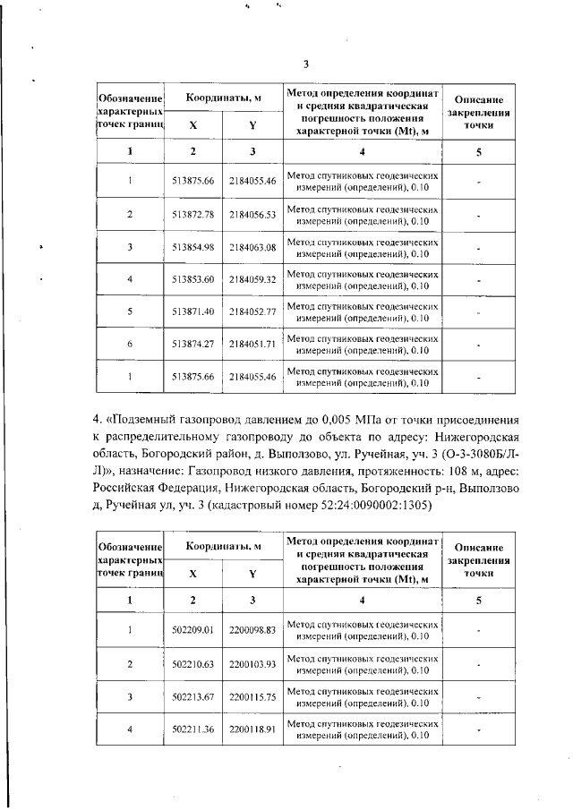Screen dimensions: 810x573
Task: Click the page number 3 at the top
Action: tap(305, 64)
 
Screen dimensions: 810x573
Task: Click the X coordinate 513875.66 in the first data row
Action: tap(193, 182)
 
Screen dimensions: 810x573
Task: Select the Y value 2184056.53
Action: tap(252, 215)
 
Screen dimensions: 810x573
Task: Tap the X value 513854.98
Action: tap(193, 247)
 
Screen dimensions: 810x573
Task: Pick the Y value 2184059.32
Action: tap(252, 279)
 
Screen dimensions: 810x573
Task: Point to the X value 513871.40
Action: tap(193, 311)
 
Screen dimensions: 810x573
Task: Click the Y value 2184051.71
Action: tap(252, 344)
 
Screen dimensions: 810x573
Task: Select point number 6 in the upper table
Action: tap(130, 344)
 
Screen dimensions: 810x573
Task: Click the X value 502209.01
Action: tap(193, 631)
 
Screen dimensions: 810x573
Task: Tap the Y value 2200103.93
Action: tap(252, 664)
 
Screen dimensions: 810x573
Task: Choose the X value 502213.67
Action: tap(193, 696)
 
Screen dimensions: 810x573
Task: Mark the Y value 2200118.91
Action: tap(252, 729)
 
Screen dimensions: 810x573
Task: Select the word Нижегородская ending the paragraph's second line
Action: tap(471, 438)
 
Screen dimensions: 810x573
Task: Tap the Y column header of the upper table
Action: tap(252, 126)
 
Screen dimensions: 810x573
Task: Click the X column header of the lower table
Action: tap(193, 574)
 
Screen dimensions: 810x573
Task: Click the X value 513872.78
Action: tap(193, 215)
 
